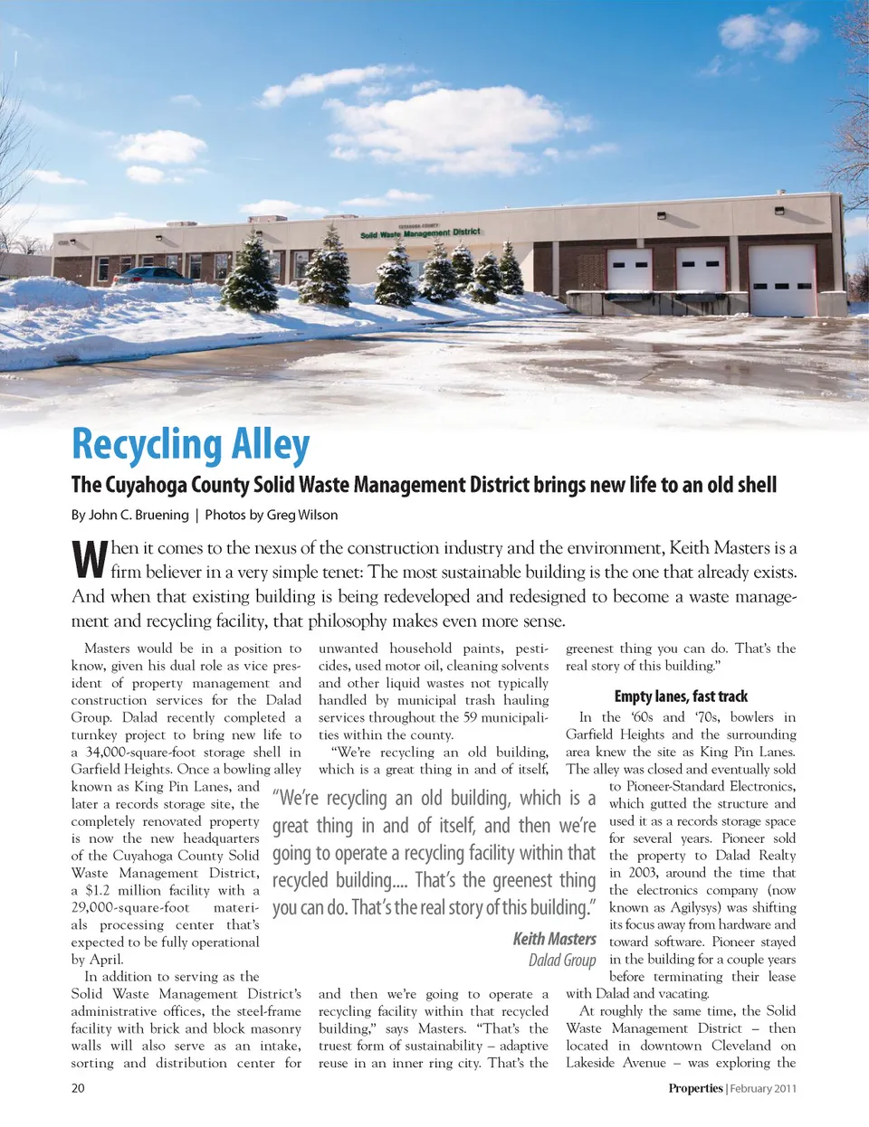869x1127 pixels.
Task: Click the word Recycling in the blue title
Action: [148, 445]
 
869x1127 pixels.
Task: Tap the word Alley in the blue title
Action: [270, 445]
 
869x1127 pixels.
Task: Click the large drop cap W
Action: [90, 560]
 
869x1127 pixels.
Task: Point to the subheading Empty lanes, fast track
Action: [681, 696]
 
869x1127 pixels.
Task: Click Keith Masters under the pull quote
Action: [554, 939]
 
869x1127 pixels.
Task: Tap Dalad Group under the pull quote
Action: [562, 960]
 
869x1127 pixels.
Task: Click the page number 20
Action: [78, 1088]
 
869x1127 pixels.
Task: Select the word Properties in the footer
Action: [695, 1088]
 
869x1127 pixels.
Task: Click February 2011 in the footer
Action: [763, 1088]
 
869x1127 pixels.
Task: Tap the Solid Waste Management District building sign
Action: [420, 233]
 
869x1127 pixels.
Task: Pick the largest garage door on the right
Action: [782, 280]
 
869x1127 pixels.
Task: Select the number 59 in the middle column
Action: [471, 717]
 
